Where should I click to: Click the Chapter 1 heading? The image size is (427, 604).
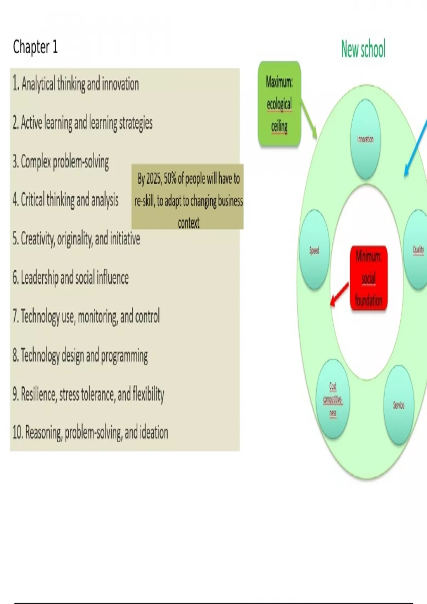(x=35, y=47)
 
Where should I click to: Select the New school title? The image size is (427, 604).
(x=363, y=49)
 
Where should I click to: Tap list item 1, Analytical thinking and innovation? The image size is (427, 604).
(x=76, y=84)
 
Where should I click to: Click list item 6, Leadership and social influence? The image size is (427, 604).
(x=71, y=278)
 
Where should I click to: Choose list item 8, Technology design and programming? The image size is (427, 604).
(x=80, y=356)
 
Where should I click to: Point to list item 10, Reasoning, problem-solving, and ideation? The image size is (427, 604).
(x=90, y=433)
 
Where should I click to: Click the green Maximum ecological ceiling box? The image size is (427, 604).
(x=280, y=104)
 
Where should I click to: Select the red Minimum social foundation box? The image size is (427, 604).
(x=369, y=278)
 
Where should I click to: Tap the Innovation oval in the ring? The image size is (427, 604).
(x=365, y=139)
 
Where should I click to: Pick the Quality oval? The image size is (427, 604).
(x=417, y=249)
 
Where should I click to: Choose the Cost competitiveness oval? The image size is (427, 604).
(x=333, y=399)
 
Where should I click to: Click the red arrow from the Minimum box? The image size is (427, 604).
(x=339, y=295)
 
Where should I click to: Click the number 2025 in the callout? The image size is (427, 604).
(x=154, y=179)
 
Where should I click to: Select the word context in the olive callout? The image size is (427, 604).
(x=189, y=223)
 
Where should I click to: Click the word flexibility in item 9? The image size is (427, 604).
(x=148, y=394)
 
